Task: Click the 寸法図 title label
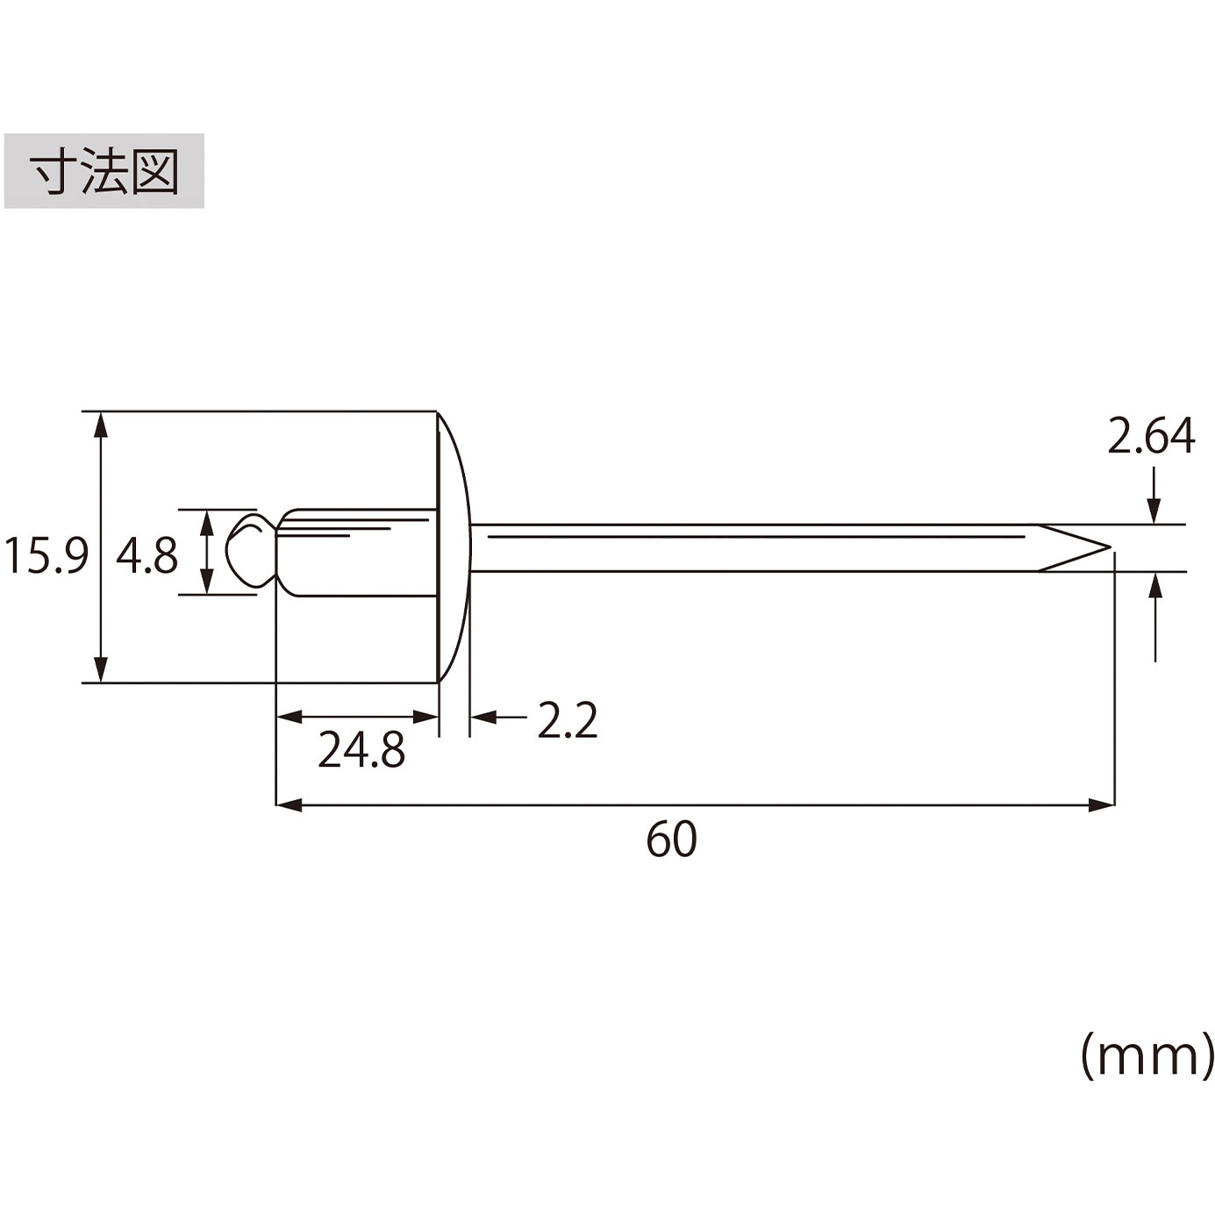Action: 104,171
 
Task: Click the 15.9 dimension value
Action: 46,555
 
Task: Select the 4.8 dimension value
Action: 147,555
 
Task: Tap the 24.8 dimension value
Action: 361,750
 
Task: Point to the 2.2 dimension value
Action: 567,721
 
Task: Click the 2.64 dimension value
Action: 1151,435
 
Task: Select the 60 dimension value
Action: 671,839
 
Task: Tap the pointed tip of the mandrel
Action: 1110,547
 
